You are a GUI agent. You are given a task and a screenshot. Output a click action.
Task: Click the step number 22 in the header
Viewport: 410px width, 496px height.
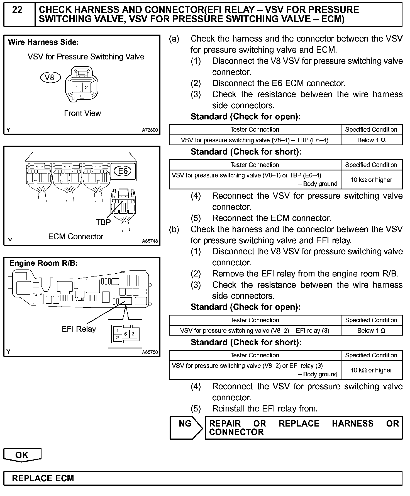17,10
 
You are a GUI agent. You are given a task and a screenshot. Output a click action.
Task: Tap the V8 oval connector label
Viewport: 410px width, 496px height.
50,77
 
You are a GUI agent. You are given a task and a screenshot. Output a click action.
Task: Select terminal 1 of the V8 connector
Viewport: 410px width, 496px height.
76,87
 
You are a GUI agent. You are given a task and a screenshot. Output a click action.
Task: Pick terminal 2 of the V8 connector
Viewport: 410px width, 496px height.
86,87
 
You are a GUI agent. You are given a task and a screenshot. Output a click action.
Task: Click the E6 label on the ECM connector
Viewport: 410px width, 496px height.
123,171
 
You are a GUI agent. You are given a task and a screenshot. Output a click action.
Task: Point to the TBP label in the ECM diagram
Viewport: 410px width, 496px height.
103,222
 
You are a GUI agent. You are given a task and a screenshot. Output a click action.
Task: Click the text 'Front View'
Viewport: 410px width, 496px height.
82,113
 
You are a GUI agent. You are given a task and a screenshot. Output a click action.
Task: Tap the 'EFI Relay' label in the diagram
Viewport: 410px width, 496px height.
79,329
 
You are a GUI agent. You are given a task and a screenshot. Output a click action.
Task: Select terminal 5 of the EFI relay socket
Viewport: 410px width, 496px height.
126,334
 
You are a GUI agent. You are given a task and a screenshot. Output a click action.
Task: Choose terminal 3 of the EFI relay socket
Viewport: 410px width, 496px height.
133,334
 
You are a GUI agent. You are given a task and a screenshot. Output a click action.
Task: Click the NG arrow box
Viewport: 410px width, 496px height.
185,428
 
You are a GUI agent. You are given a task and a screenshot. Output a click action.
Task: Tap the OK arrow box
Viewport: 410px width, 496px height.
22,455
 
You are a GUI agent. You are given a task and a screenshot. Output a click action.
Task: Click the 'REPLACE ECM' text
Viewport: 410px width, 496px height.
43,478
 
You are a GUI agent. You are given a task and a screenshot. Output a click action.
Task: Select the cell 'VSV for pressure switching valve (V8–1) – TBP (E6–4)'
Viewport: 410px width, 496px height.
255,140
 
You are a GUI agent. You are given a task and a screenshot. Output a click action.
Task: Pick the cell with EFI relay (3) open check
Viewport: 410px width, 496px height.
255,331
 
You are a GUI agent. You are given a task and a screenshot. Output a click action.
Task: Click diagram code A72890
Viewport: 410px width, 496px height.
150,130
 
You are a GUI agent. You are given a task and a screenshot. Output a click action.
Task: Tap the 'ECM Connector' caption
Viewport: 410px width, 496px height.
75,237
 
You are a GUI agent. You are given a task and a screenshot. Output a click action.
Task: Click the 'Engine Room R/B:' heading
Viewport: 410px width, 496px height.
43,263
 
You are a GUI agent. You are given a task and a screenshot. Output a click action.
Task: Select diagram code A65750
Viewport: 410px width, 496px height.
150,352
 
